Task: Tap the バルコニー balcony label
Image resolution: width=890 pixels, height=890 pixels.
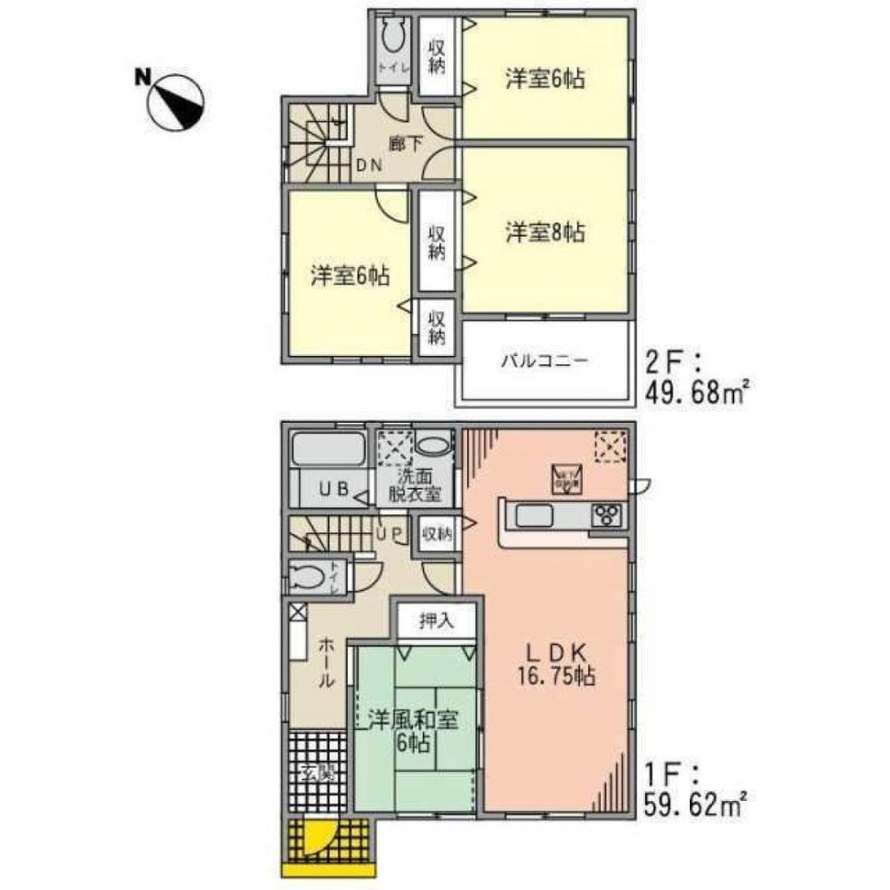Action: tap(544, 360)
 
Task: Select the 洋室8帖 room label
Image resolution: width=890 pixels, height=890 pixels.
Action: tap(546, 233)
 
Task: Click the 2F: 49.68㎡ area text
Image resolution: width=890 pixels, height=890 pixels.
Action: tap(692, 377)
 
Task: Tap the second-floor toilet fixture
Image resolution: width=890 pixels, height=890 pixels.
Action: tap(392, 40)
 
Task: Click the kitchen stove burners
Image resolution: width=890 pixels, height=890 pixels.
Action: tap(608, 514)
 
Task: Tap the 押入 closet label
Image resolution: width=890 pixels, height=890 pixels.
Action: tap(436, 620)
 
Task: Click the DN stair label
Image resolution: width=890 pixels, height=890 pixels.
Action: tap(370, 166)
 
